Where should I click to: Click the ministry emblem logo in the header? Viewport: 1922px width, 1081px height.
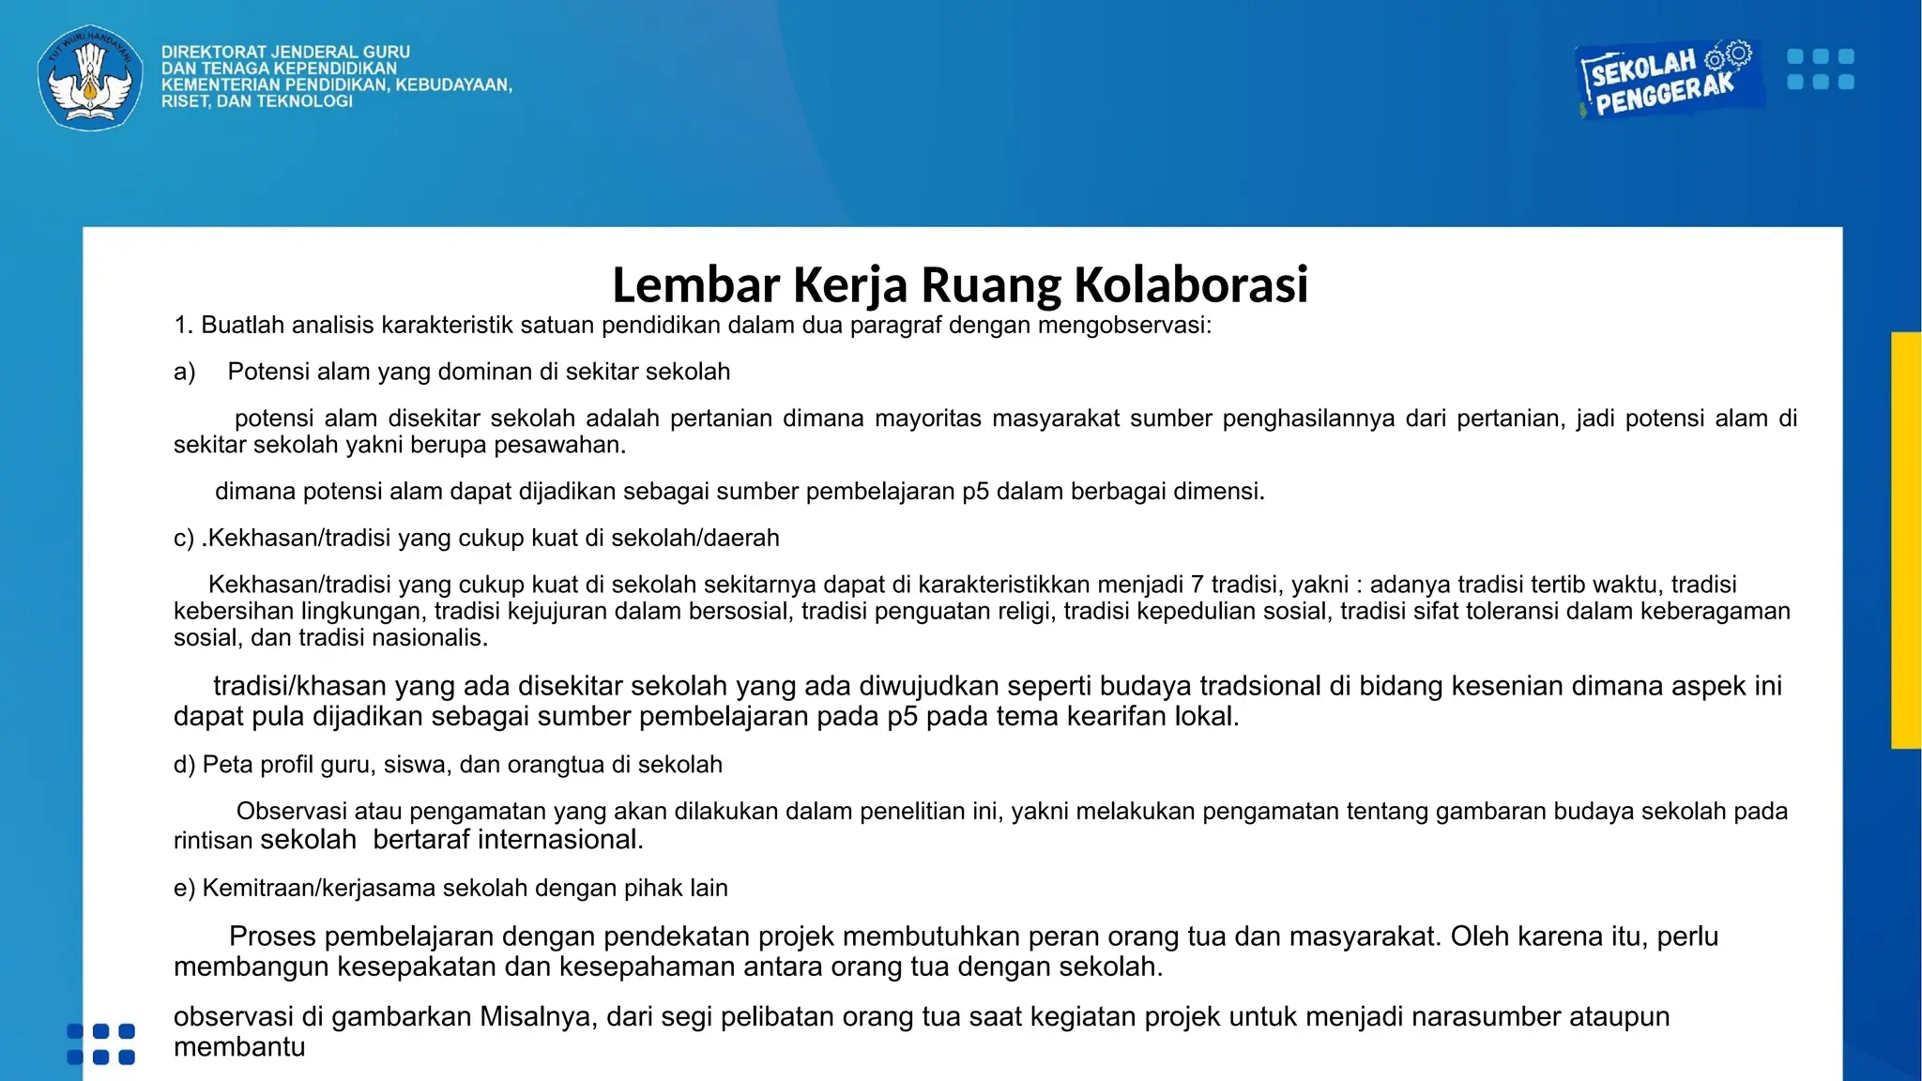pyautogui.click(x=90, y=77)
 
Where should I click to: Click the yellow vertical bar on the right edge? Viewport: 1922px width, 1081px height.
pyautogui.click(x=1906, y=540)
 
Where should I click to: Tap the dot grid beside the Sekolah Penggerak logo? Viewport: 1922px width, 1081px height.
pyautogui.click(x=1820, y=69)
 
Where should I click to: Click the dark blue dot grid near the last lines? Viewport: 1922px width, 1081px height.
pyautogui.click(x=101, y=1044)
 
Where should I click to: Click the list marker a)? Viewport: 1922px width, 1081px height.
pyautogui.click(x=184, y=373)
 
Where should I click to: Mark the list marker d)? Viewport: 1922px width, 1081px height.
pyautogui.click(x=184, y=765)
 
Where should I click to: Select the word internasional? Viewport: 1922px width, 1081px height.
pyautogui.click(x=559, y=839)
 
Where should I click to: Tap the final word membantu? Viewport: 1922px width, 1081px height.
pyautogui.click(x=239, y=1047)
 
